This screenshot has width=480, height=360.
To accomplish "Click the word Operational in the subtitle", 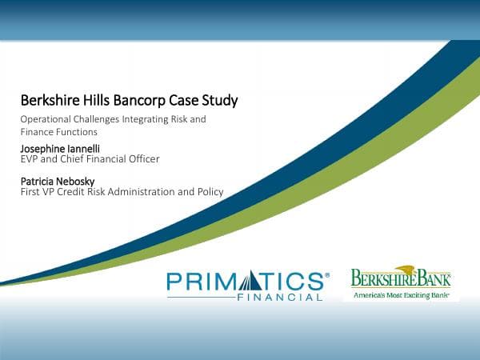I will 48,118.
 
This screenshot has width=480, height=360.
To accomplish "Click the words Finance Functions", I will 58,131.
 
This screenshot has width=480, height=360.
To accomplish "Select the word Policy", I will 209,192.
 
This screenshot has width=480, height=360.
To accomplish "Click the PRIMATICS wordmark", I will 247,282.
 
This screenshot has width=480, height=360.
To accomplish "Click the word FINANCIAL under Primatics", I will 280,298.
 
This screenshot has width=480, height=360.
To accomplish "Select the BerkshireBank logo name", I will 401,280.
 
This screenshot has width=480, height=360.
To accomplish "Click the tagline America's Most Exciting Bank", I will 401,295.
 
